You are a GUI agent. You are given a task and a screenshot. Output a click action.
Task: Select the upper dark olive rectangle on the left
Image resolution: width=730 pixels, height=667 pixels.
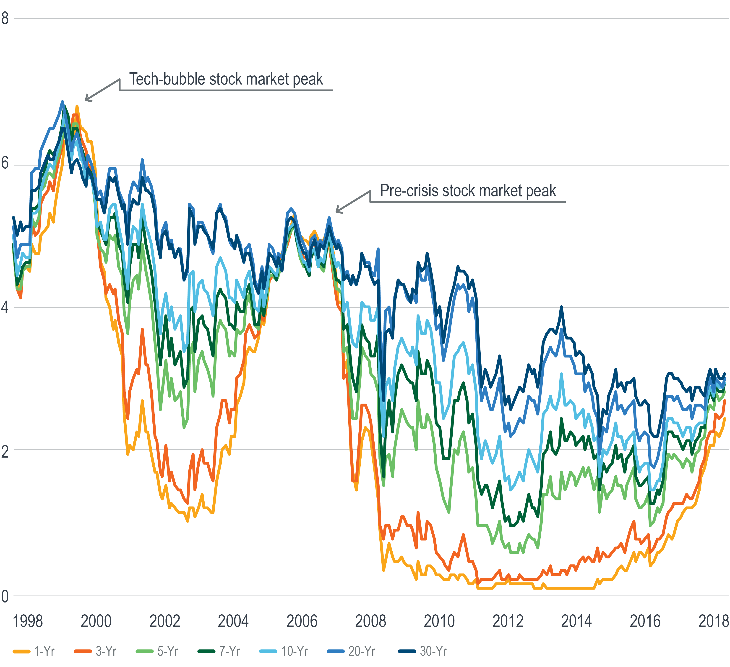click(x=54, y=380)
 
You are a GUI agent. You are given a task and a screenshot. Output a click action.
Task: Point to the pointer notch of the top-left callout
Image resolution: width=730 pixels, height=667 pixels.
click(x=121, y=81)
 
